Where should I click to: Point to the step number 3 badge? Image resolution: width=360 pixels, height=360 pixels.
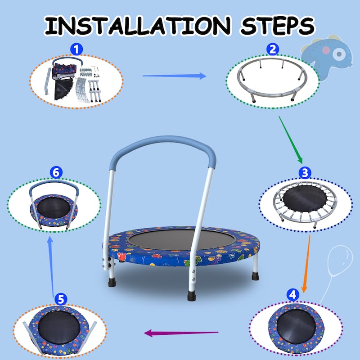[305, 172]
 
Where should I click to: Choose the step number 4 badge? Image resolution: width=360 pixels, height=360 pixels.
[292, 295]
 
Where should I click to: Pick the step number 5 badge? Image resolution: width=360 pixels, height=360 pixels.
[62, 299]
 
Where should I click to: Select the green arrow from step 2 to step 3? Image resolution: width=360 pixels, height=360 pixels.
[290, 139]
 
